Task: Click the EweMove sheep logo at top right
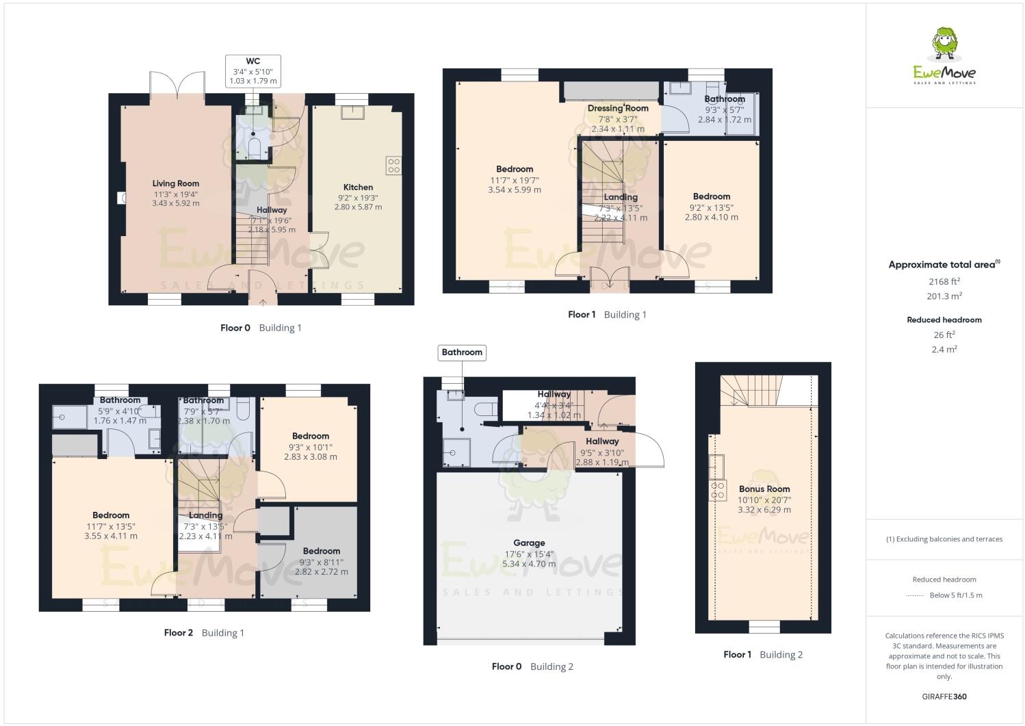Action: pyautogui.click(x=945, y=44)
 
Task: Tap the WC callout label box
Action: pyautogui.click(x=252, y=70)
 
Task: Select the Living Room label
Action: pyautogui.click(x=176, y=183)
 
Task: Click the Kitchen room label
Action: pyautogui.click(x=358, y=187)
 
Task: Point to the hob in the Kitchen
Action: pyautogui.click(x=393, y=165)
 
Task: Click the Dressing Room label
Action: pyautogui.click(x=617, y=108)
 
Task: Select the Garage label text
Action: pyautogui.click(x=529, y=543)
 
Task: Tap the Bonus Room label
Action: pyautogui.click(x=764, y=489)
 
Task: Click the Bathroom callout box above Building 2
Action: pyautogui.click(x=462, y=352)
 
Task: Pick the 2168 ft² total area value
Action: pyautogui.click(x=944, y=281)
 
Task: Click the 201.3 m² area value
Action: pyautogui.click(x=944, y=296)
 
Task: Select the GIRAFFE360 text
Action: pyautogui.click(x=944, y=697)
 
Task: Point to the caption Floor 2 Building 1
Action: pyautogui.click(x=204, y=633)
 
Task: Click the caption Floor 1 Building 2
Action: pyautogui.click(x=763, y=655)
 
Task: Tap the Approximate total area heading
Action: pyautogui.click(x=944, y=265)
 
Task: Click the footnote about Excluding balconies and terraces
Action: pyautogui.click(x=944, y=539)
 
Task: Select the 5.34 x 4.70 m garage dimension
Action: pyautogui.click(x=529, y=564)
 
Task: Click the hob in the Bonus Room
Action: pyautogui.click(x=718, y=490)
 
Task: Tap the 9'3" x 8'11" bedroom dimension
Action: pyautogui.click(x=321, y=562)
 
